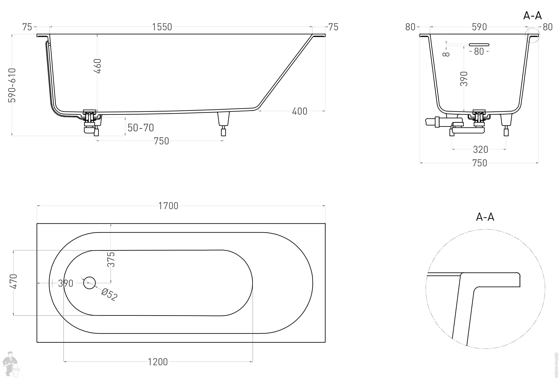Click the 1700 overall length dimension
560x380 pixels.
pos(168,206)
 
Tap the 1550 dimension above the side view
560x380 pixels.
pos(162,27)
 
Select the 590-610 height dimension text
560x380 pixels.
pos(12,85)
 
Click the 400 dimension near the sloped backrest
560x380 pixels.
pos(299,111)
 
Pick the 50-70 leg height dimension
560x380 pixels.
pos(141,128)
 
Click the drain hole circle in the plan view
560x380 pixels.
pos(89,283)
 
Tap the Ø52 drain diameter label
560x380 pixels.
pos(110,295)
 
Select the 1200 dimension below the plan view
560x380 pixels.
pos(158,362)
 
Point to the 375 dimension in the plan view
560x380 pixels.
pos(111,259)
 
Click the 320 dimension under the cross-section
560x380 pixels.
pos(480,150)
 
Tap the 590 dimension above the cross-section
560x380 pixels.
pos(479,27)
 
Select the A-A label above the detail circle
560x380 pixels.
pos(485,217)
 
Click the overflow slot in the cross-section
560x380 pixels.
pos(479,45)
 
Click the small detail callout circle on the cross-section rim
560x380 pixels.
pos(532,35)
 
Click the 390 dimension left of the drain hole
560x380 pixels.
pos(66,283)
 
